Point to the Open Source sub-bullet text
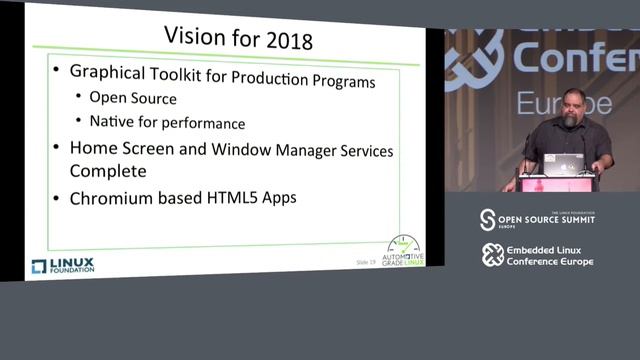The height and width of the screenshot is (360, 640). click(x=133, y=98)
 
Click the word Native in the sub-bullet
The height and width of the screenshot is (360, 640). click(x=111, y=122)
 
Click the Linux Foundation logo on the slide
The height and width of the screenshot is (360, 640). click(x=62, y=265)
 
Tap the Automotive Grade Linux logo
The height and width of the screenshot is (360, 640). click(x=404, y=251)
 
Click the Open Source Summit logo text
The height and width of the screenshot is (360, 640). click(x=545, y=220)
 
